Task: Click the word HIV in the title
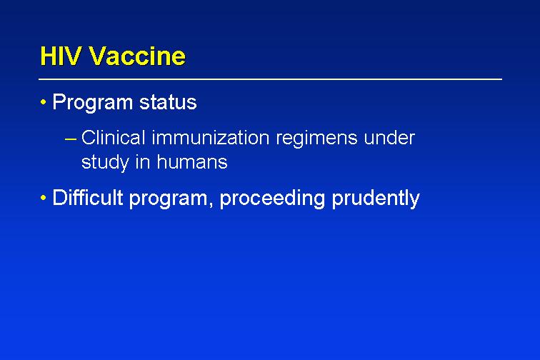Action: coord(60,56)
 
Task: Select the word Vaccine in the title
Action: coord(137,56)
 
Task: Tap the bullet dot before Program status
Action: coord(43,102)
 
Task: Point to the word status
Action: coord(168,102)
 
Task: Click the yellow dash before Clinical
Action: coord(71,139)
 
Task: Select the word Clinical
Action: coord(114,137)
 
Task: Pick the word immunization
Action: coord(211,137)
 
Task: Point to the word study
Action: coord(105,162)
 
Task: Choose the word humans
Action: coord(192,161)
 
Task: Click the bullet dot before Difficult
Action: coord(43,198)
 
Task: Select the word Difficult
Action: coord(87,197)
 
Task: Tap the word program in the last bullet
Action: coord(169,199)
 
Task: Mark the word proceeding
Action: coord(272,199)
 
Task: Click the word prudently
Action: coord(376,199)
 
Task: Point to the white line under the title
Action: coord(270,79)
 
